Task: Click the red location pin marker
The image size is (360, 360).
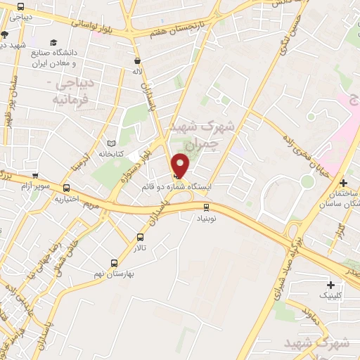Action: point(181,165)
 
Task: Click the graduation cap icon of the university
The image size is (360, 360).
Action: point(55,42)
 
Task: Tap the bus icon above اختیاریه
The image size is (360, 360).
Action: point(66,188)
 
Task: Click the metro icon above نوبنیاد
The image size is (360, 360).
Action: point(206,207)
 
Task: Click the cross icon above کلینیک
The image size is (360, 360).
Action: point(331,285)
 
